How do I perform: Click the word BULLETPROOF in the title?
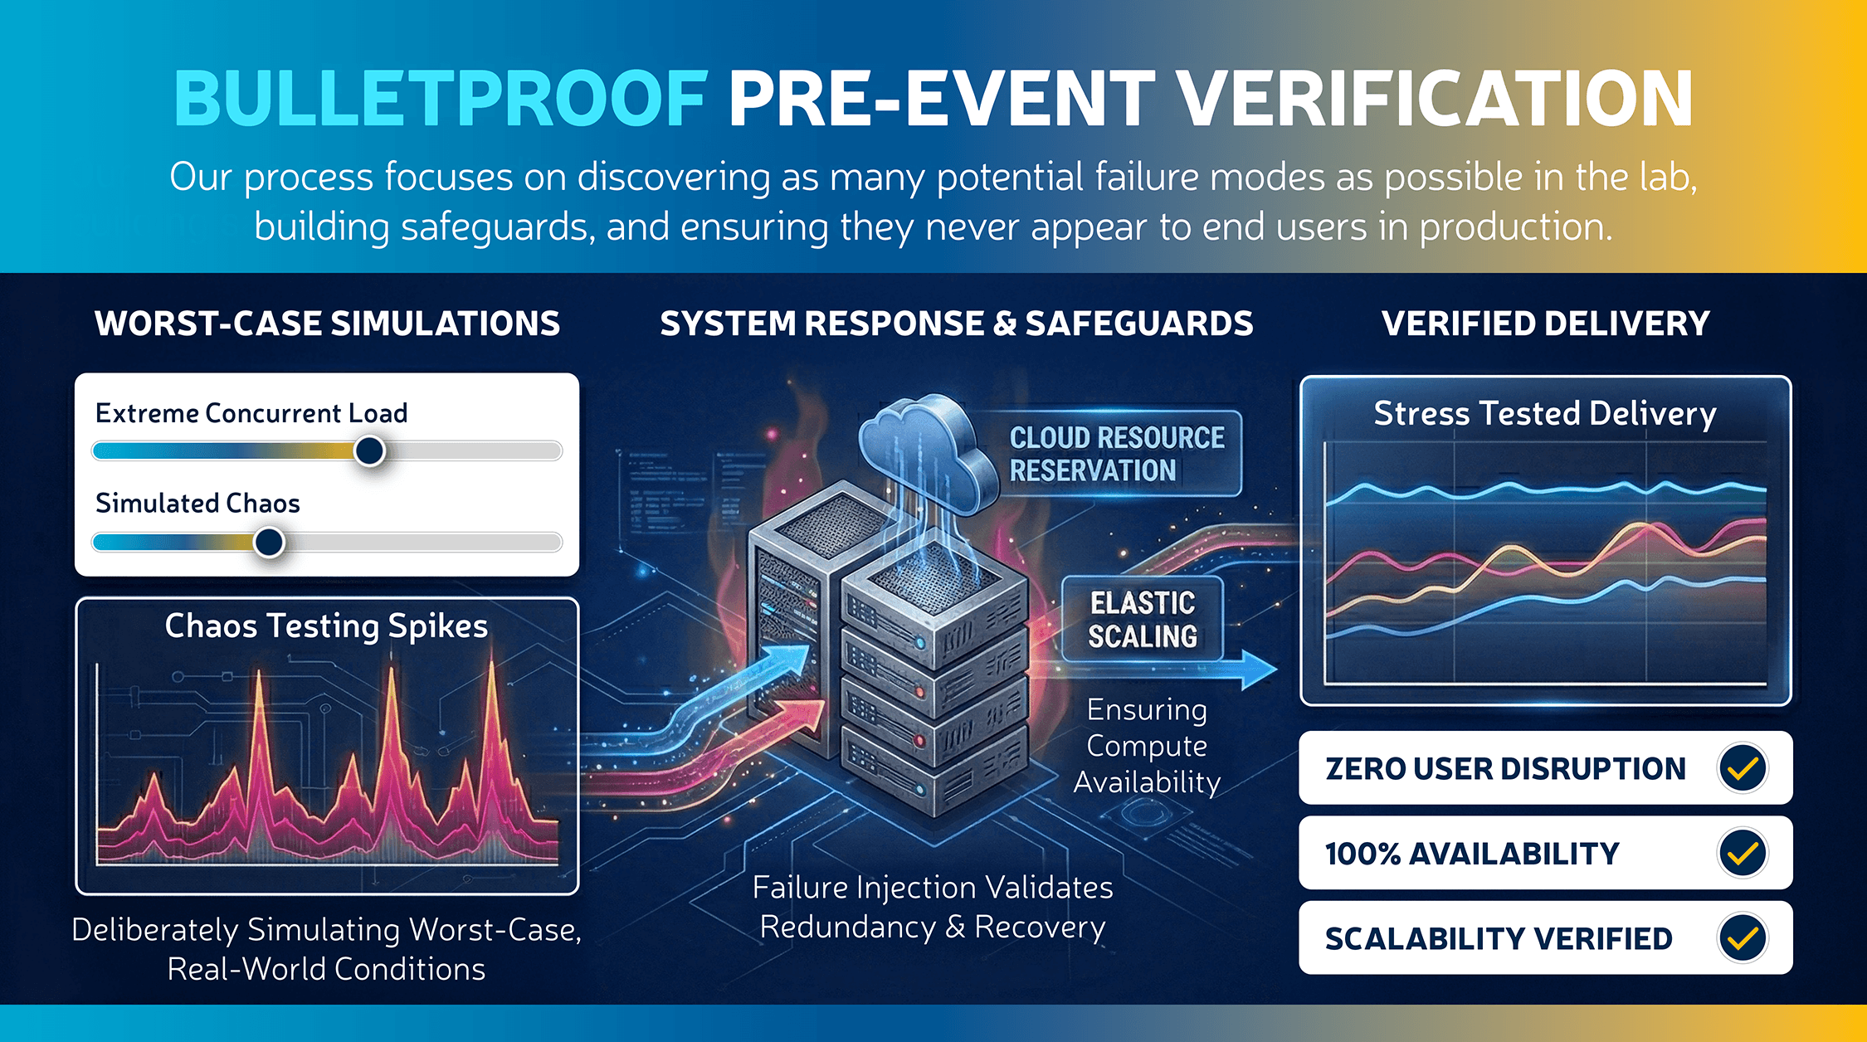coord(441,99)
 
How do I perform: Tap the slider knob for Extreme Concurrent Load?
coord(369,451)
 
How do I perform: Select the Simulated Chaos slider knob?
coord(269,543)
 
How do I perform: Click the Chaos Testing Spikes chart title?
coord(326,626)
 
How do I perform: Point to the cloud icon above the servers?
coord(925,452)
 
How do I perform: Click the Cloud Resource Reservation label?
coord(1117,454)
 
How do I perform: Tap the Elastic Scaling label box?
coord(1143,619)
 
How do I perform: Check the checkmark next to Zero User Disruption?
coord(1743,768)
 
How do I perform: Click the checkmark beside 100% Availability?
coord(1743,853)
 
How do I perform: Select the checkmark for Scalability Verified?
coord(1743,938)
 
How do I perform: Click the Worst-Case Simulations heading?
coord(328,324)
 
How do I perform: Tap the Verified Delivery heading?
coord(1546,324)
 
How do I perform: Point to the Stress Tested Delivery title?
coord(1545,413)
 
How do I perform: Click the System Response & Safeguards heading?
coord(957,324)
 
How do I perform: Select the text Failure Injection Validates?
coord(933,888)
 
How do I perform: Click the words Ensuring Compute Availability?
coord(1147,746)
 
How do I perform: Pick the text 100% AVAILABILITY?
coord(1472,854)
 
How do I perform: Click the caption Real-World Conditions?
coord(326,969)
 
